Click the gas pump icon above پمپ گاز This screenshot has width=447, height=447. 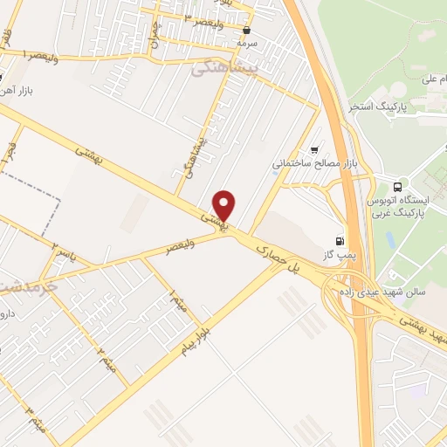pos(339,240)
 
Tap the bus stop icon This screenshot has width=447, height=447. pos(398,186)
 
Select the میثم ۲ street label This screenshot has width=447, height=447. pos(106,356)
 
